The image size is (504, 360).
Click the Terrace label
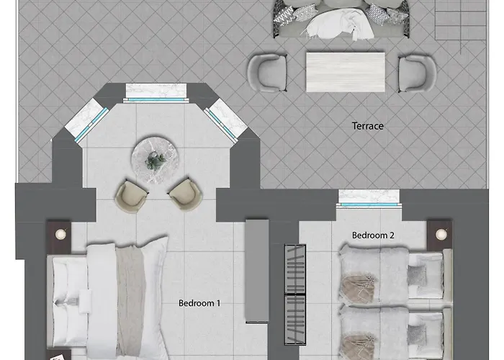(x=368, y=126)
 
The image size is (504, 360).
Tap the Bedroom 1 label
(x=199, y=303)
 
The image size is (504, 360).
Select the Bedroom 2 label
(x=373, y=235)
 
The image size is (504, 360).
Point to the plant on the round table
(x=156, y=161)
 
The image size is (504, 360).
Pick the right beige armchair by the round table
(x=186, y=194)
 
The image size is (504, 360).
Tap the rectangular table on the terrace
(x=345, y=72)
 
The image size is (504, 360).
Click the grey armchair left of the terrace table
(x=267, y=73)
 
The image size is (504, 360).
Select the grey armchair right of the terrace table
(x=417, y=73)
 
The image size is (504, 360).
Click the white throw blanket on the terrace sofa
(x=338, y=24)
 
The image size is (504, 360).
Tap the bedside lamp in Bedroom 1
(x=60, y=234)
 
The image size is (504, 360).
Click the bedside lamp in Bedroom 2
(x=441, y=234)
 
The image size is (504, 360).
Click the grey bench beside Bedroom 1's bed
(x=257, y=271)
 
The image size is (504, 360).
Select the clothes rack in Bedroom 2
(x=295, y=294)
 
